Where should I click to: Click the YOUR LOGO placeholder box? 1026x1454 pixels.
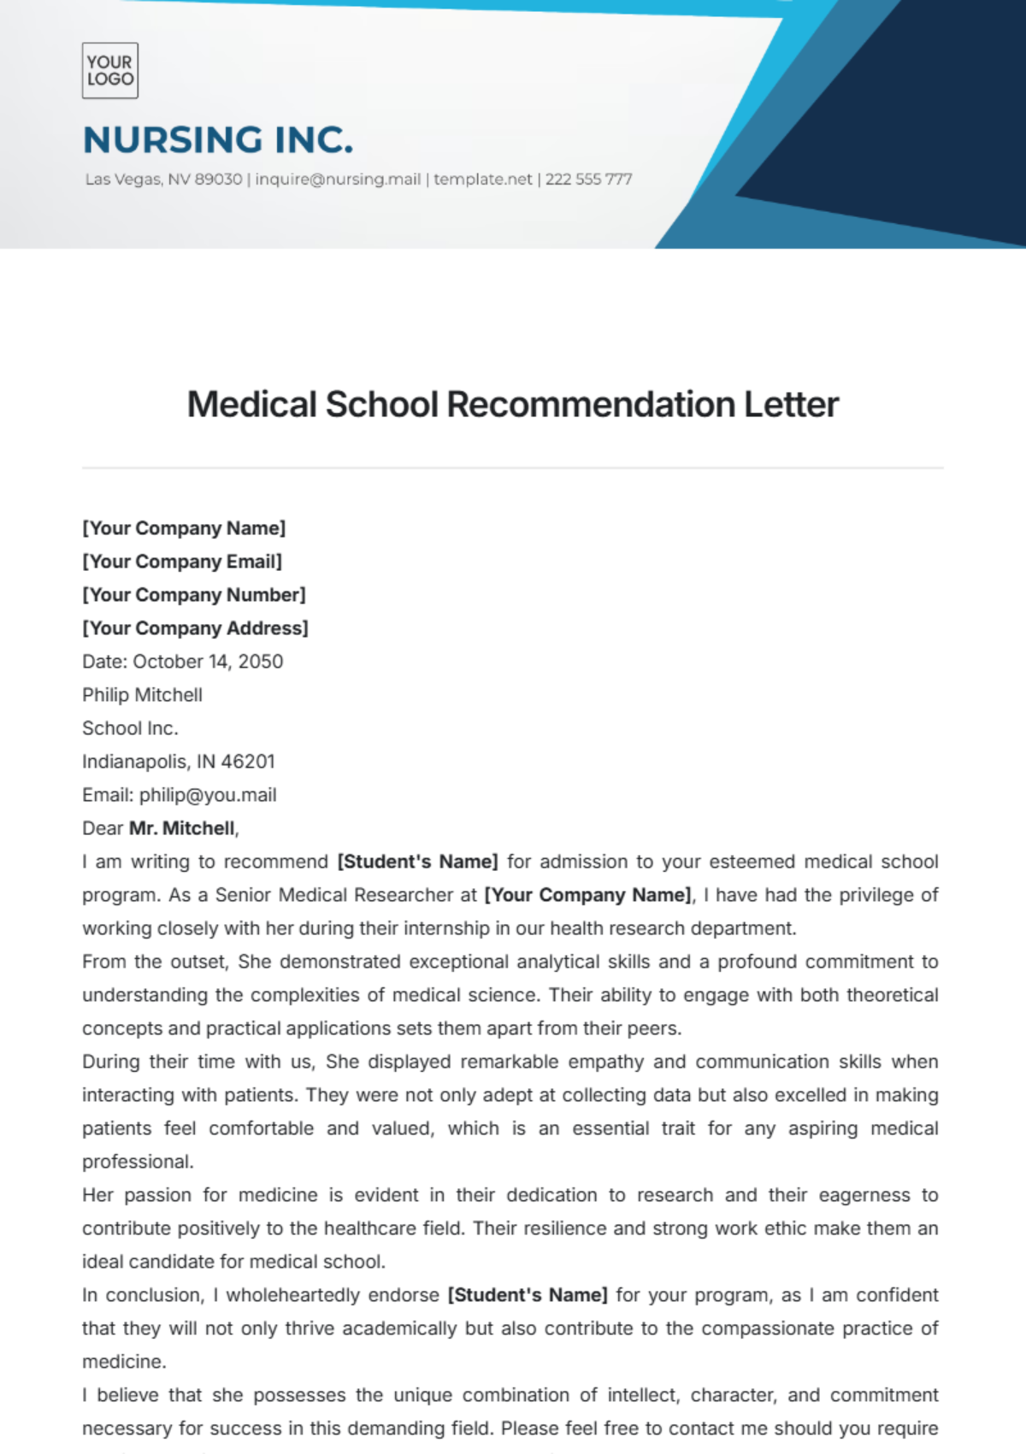109,70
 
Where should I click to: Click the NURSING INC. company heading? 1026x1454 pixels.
218,140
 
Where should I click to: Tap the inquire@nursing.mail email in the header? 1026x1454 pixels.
338,180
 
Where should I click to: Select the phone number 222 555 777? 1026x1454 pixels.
588,180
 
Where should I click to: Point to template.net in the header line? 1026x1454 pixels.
482,180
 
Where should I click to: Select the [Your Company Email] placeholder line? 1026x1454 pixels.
182,562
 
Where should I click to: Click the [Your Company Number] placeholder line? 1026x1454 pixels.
194,595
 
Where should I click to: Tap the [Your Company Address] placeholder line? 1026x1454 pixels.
195,628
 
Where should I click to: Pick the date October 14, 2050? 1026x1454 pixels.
208,662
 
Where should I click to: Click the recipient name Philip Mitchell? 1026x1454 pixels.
142,695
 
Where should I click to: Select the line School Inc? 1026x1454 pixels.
130,728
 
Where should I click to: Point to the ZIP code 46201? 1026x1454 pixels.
248,762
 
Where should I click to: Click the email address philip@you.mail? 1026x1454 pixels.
208,795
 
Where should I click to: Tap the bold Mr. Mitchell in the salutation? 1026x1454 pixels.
182,828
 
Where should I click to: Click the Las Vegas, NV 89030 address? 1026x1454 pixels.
163,180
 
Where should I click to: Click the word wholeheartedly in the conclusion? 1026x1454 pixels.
333,1295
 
